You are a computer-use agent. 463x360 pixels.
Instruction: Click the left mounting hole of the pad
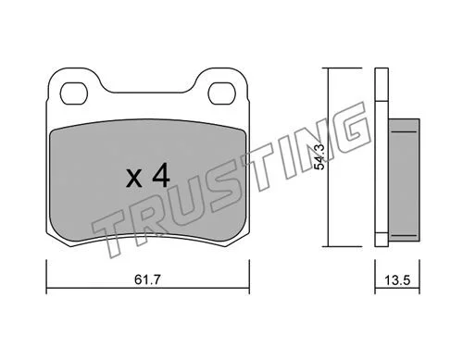74,93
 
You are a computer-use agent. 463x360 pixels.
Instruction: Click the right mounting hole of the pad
222,93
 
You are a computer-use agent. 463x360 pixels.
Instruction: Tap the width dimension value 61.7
148,279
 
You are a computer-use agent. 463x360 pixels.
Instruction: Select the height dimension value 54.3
319,156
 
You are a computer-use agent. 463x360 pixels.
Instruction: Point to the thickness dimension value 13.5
397,280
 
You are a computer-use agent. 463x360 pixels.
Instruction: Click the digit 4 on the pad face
161,175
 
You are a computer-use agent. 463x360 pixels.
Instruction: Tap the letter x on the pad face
134,179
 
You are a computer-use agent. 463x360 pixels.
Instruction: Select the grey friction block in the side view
404,180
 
